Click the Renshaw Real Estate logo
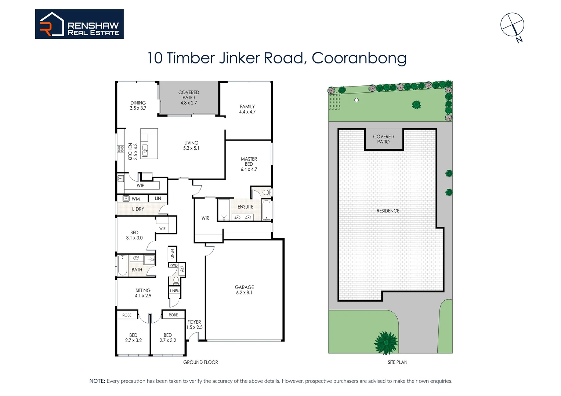(x=79, y=24)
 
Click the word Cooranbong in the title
(x=359, y=58)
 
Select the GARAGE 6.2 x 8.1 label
(x=244, y=290)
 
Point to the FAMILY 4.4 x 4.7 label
(x=247, y=109)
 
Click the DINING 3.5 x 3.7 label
(x=138, y=105)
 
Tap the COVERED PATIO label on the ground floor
(x=189, y=98)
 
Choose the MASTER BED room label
(x=249, y=164)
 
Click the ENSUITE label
(x=245, y=207)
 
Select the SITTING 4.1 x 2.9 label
(x=143, y=293)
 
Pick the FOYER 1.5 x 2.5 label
(x=194, y=324)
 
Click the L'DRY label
(x=138, y=209)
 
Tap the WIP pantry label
(x=140, y=186)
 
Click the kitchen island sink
(x=145, y=150)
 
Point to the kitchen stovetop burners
(x=120, y=149)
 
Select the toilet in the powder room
(x=176, y=280)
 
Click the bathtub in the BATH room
(x=123, y=265)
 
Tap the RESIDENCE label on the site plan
(x=388, y=211)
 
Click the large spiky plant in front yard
(x=386, y=343)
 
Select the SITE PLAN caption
(x=397, y=362)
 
